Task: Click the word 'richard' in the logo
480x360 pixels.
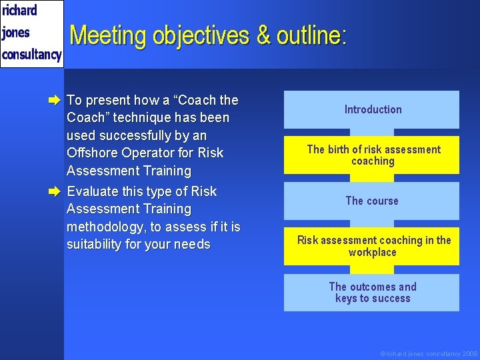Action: (x=19, y=11)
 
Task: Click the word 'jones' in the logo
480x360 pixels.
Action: (x=16, y=33)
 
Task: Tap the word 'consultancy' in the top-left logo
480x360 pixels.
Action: (x=31, y=54)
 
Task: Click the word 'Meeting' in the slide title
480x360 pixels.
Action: (x=109, y=35)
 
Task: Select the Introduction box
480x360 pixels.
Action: (x=372, y=109)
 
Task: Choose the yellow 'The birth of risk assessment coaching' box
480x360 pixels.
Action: (x=372, y=155)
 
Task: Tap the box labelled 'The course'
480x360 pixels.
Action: (x=372, y=201)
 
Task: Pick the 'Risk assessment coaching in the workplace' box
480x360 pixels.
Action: (x=372, y=246)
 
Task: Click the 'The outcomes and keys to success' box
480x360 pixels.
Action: (x=372, y=293)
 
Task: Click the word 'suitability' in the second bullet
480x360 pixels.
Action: (x=97, y=245)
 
